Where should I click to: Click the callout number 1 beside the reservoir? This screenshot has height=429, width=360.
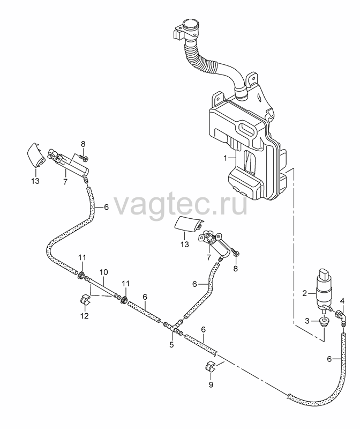pyautogui.click(x=225, y=158)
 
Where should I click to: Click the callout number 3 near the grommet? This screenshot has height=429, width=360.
pyautogui.click(x=307, y=321)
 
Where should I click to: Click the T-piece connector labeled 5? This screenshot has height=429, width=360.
pyautogui.click(x=172, y=327)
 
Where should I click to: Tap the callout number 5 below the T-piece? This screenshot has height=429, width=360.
pyautogui.click(x=171, y=344)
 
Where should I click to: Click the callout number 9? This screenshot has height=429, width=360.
pyautogui.click(x=211, y=384)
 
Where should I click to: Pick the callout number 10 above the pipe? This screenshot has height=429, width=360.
pyautogui.click(x=103, y=272)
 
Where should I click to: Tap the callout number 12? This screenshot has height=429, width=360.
pyautogui.click(x=85, y=316)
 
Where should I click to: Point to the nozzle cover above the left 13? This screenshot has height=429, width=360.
pyautogui.click(x=36, y=154)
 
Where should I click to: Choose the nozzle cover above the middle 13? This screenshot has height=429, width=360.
pyautogui.click(x=189, y=224)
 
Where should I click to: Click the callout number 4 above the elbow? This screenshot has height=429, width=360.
pyautogui.click(x=342, y=301)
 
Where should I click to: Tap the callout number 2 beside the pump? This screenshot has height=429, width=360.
pyautogui.click(x=305, y=293)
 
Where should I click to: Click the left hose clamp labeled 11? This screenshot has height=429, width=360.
pyautogui.click(x=81, y=275)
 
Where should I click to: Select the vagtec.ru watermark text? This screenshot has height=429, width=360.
pyautogui.click(x=180, y=204)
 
